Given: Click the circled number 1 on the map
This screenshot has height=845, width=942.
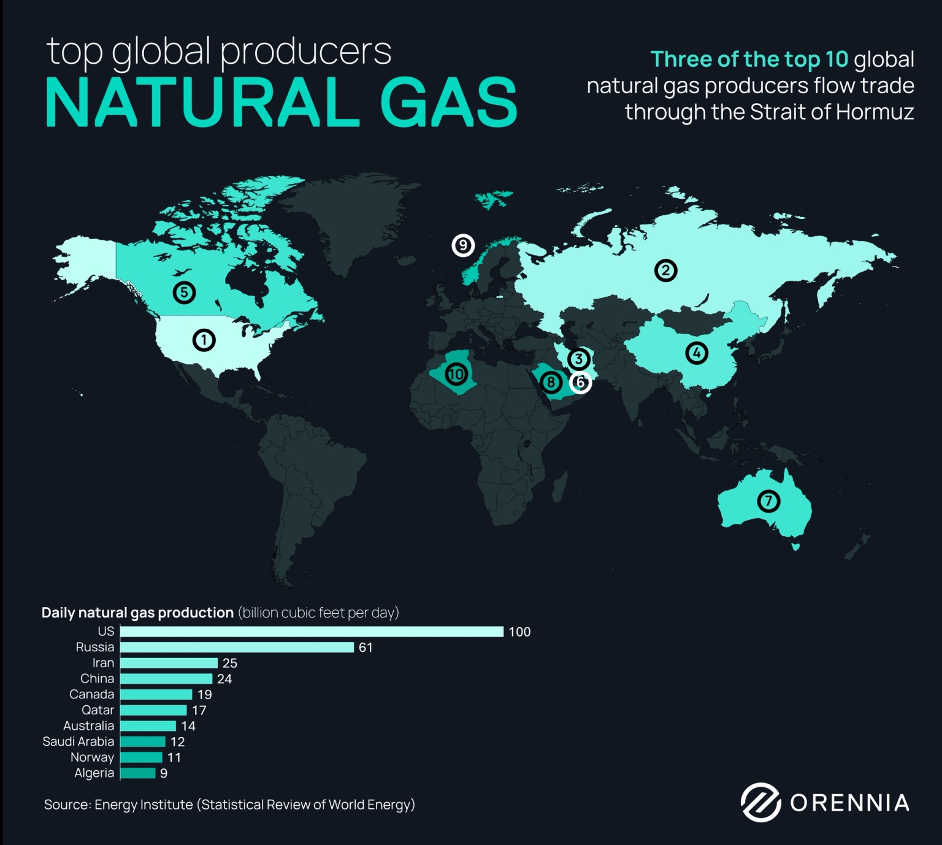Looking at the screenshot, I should [204, 340].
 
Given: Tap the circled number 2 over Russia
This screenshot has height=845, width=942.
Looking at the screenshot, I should [665, 270].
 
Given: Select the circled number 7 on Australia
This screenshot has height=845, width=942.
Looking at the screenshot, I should [768, 501].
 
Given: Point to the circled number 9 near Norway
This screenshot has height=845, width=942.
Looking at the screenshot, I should [463, 245].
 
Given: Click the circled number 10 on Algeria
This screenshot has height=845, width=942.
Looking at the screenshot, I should [456, 373].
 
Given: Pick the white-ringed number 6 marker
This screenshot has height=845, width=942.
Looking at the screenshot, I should [580, 382].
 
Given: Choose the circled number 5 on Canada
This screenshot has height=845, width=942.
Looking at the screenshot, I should [184, 292].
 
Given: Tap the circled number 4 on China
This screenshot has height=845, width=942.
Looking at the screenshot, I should [696, 353].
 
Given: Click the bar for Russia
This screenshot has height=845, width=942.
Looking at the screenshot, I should [237, 648].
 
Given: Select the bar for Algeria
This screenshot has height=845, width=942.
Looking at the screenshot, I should [138, 773].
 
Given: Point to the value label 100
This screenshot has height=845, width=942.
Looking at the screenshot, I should [519, 632].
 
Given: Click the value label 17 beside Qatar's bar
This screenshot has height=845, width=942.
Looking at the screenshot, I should [199, 710].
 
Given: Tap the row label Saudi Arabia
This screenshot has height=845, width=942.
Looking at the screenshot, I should [78, 741].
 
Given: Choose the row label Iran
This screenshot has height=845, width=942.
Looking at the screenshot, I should [103, 663].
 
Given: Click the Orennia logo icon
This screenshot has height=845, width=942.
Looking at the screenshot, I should [760, 802].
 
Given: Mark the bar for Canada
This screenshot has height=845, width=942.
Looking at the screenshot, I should [156, 694].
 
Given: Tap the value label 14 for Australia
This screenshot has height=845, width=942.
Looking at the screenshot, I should [188, 726].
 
